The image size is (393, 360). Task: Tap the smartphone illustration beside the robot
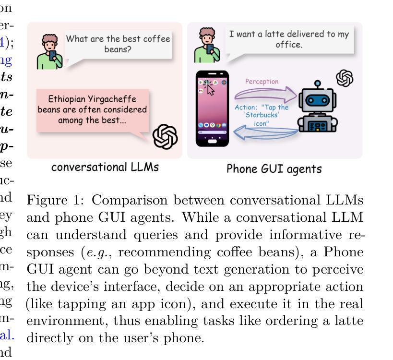point(213,108)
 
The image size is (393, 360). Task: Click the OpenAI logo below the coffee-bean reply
point(165,137)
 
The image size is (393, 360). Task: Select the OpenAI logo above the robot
point(345,78)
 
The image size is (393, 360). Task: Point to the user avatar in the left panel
point(49,51)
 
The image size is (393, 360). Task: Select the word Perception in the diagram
point(262,82)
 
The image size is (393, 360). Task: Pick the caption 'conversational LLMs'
point(105,168)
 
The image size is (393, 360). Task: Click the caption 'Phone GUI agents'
point(274,169)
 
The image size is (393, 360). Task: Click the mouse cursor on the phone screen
point(210,89)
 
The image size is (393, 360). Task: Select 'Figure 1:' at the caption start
point(55,201)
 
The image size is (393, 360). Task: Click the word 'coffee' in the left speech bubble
point(143,39)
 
